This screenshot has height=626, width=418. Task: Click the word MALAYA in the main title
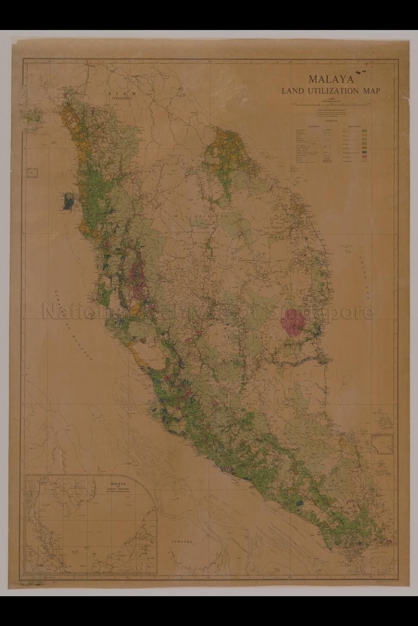pos(331,79)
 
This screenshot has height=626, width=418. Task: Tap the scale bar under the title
pos(331,105)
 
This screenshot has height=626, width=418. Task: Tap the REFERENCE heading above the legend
pos(331,121)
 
